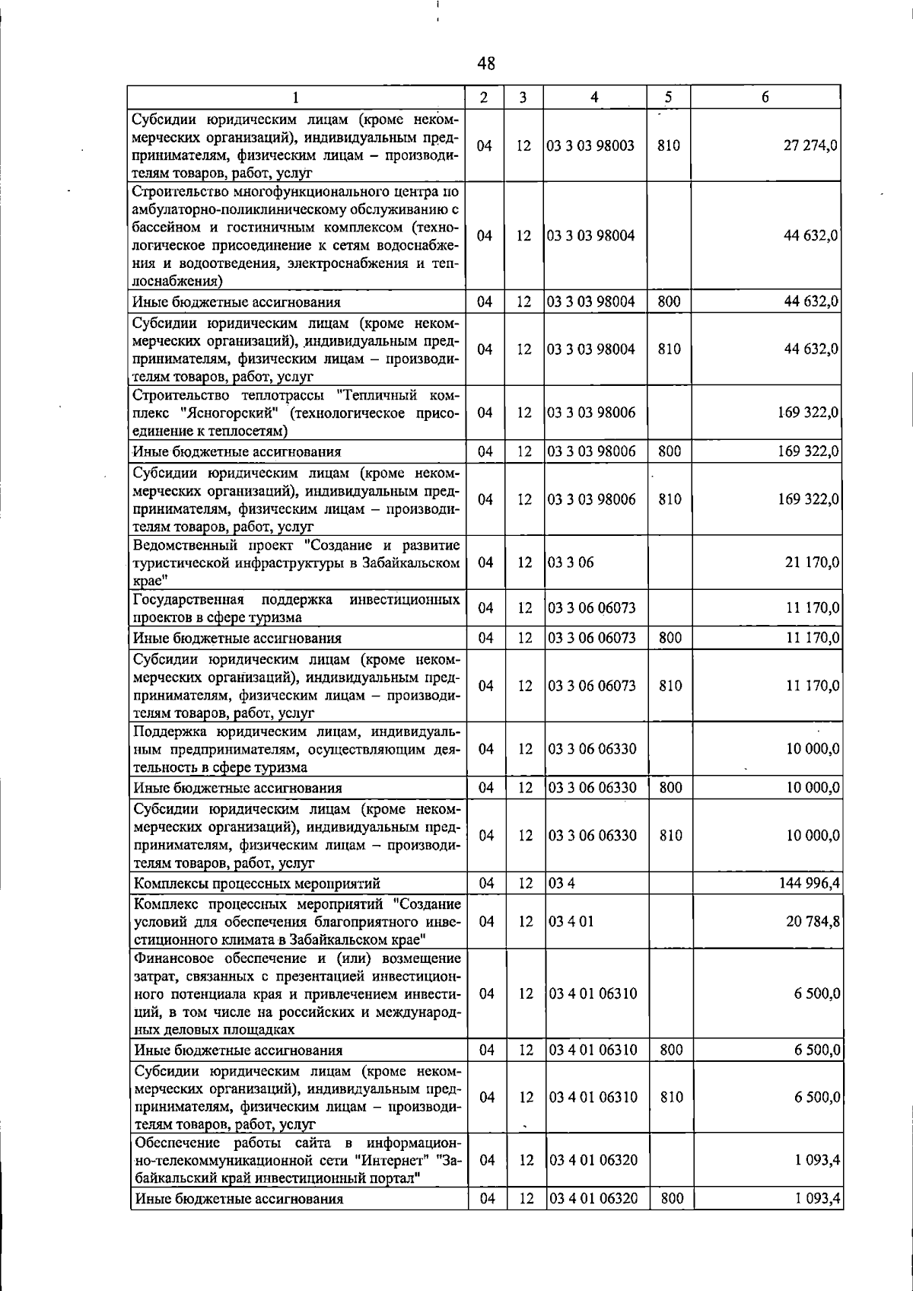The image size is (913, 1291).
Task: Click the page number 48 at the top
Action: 486,64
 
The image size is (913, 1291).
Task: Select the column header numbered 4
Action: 594,97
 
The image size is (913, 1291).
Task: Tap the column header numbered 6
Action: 765,97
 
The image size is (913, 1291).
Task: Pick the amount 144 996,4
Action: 807,883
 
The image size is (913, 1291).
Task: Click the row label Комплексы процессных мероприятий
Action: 257,884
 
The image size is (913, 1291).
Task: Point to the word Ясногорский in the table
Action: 237,413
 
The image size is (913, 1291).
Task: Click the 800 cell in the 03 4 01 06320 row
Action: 671,1199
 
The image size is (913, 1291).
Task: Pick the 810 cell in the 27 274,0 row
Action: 668,146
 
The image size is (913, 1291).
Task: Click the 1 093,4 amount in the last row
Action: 818,1199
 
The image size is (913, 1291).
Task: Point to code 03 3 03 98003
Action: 592,146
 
